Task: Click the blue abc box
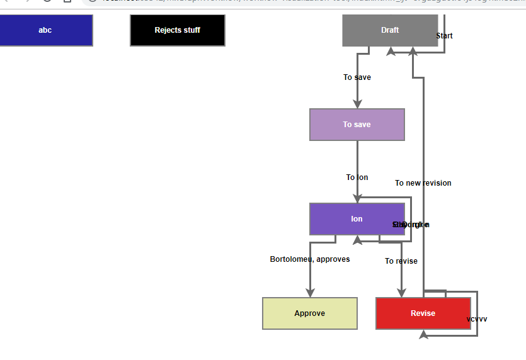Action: tap(45, 30)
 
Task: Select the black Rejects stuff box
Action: tap(177, 30)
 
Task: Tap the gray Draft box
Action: tap(389, 30)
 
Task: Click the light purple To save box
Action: tap(357, 125)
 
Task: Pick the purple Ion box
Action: tap(357, 219)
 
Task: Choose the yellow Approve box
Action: tap(309, 313)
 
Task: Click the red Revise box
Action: tap(423, 313)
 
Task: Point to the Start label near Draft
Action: tap(444, 36)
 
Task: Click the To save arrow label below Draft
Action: tap(357, 77)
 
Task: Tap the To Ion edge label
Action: tap(357, 177)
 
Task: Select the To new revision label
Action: tap(423, 183)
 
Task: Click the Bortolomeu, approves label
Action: tap(309, 259)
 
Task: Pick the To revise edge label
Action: tap(401, 261)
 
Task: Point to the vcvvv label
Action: tap(476, 319)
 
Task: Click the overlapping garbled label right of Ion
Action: tap(411, 225)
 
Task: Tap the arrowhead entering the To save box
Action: tap(357, 104)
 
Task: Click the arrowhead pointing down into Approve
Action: tap(310, 293)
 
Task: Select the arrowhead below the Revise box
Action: tap(423, 335)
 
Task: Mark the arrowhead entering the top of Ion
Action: tap(357, 198)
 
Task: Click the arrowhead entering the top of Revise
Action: tap(401, 293)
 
